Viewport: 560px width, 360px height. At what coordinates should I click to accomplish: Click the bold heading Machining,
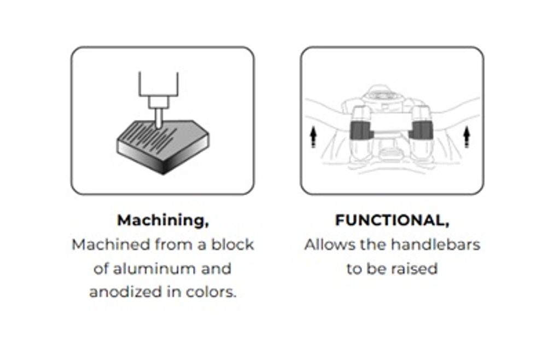(163, 220)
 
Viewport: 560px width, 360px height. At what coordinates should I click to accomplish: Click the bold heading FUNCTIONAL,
(392, 220)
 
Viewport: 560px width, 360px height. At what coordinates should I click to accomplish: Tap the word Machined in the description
(110, 245)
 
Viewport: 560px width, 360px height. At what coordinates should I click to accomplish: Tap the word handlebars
(436, 245)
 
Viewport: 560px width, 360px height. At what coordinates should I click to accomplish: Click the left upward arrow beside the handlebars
(313, 137)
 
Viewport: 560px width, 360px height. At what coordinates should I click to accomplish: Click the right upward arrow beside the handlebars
(466, 137)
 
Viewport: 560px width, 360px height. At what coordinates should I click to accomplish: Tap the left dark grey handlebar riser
(361, 130)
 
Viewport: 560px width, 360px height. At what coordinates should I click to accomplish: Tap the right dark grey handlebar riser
(422, 130)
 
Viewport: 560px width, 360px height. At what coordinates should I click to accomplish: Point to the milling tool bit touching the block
(158, 118)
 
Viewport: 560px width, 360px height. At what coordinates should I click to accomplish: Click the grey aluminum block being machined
(163, 147)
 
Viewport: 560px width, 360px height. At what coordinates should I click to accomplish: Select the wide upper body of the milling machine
(158, 84)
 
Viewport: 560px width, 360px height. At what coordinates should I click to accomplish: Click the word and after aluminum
(216, 269)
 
